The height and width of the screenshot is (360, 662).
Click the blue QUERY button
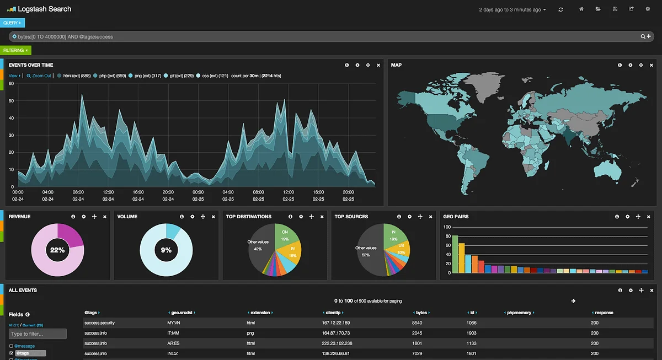click(x=12, y=23)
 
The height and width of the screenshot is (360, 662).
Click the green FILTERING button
click(x=15, y=50)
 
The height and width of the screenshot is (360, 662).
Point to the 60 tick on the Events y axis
click(x=11, y=84)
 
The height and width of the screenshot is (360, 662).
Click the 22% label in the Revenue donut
click(x=57, y=250)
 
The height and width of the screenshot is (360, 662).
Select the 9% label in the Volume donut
click(x=166, y=250)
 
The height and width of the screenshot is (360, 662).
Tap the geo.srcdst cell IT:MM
click(x=173, y=333)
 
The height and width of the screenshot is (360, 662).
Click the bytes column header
click(x=421, y=313)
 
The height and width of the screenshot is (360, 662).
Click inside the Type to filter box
click(x=38, y=334)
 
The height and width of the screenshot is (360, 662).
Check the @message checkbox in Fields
click(x=12, y=346)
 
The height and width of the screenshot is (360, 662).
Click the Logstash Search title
click(x=44, y=9)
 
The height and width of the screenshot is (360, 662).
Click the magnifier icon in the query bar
click(x=643, y=36)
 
